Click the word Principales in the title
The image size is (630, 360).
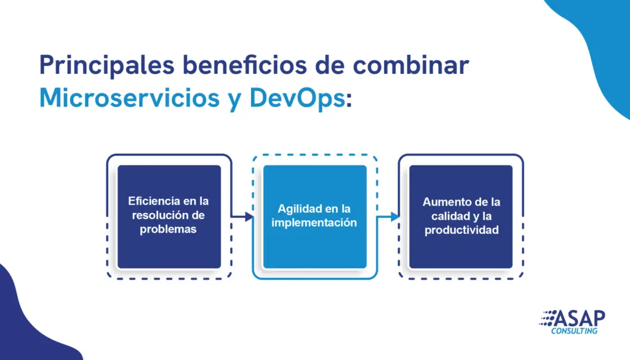[x=107, y=65]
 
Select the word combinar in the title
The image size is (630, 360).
[x=411, y=64]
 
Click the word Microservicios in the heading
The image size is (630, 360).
[x=129, y=97]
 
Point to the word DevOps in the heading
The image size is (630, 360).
[x=297, y=98]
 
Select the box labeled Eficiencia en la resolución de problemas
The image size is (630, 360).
[x=169, y=217]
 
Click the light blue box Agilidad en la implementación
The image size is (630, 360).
[x=315, y=217]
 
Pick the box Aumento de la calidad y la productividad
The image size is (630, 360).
[x=461, y=217]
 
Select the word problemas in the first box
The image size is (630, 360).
[x=169, y=229]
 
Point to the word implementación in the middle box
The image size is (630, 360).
[x=314, y=223]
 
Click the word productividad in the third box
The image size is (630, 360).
[x=461, y=230]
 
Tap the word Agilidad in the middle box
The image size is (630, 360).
[x=300, y=209]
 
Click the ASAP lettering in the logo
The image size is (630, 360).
[x=580, y=319]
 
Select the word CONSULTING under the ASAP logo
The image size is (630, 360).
[x=574, y=331]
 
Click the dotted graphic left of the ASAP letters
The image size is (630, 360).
[x=547, y=318]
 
